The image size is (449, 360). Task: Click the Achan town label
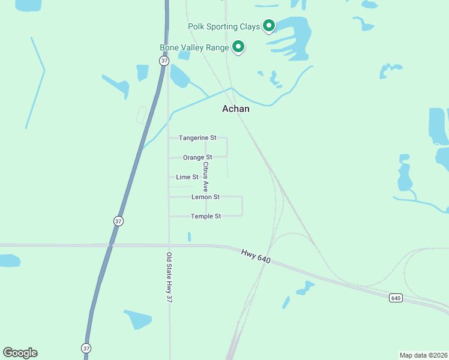tap(236, 109)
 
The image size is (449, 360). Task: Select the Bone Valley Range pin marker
tap(238, 46)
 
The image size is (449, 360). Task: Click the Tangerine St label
tap(197, 138)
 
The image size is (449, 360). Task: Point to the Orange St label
tap(197, 157)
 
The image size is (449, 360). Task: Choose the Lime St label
tap(187, 177)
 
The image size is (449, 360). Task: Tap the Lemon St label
tap(205, 197)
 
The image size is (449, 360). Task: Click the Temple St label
tap(206, 216)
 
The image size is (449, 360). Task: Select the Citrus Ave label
tap(205, 176)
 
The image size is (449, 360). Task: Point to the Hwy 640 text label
tap(256, 256)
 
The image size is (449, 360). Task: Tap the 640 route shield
tap(395, 298)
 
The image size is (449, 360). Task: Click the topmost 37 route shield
tap(164, 61)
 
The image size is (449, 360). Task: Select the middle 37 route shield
tap(118, 221)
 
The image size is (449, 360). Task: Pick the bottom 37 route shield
tap(86, 348)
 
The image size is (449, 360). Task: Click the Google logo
tap(20, 352)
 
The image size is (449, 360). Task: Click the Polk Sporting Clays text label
tap(224, 26)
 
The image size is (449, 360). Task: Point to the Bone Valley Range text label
tap(194, 47)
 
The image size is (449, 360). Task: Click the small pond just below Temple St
tap(189, 237)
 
